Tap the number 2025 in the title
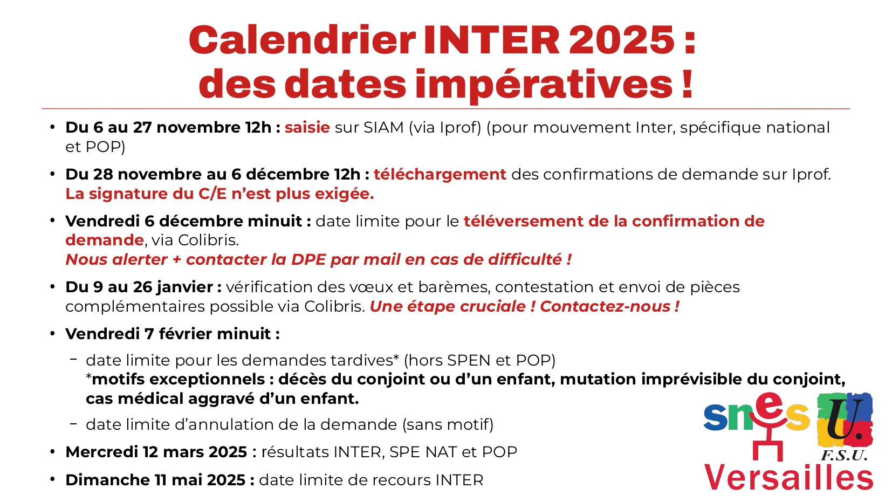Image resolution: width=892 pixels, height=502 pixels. (x=622, y=40)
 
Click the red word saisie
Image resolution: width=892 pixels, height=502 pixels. (x=307, y=127)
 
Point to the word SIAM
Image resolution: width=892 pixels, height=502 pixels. (x=383, y=127)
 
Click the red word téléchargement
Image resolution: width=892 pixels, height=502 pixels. (x=440, y=174)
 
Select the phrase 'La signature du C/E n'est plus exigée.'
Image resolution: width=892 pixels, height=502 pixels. (x=220, y=194)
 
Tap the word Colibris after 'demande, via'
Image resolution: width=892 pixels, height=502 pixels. (x=208, y=240)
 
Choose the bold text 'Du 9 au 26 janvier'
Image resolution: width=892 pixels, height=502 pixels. (x=139, y=287)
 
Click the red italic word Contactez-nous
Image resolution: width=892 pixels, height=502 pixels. (x=605, y=306)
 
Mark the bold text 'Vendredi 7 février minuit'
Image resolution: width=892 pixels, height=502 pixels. (x=168, y=334)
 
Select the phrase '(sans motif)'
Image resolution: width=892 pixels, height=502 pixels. (x=448, y=424)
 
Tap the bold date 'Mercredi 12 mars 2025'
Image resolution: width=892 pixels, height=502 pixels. (x=156, y=452)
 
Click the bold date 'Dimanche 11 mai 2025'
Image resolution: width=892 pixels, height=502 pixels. (x=155, y=480)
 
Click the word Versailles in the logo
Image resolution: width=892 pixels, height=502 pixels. (x=788, y=477)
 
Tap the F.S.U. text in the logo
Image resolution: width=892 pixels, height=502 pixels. (x=844, y=455)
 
